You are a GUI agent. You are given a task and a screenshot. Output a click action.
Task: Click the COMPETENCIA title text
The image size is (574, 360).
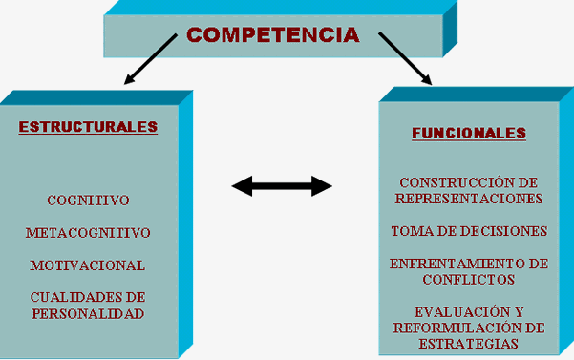(x=273, y=35)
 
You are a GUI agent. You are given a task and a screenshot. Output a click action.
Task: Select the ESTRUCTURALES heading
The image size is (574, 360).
(x=88, y=127)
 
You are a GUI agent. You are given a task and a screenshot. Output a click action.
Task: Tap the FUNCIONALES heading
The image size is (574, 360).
(x=469, y=134)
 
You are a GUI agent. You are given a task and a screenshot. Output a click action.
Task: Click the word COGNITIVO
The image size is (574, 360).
(x=88, y=201)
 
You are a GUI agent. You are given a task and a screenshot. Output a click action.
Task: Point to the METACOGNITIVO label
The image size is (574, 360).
(x=88, y=233)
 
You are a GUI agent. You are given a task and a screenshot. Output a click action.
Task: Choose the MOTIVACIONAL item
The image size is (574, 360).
(x=88, y=265)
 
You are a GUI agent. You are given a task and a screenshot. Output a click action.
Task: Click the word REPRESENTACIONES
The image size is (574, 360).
(x=469, y=199)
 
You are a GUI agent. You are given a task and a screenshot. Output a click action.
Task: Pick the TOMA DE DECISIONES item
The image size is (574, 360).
(x=469, y=231)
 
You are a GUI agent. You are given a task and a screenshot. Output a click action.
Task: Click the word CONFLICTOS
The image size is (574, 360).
(x=469, y=279)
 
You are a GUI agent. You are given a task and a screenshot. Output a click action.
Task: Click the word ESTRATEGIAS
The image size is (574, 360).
(x=469, y=343)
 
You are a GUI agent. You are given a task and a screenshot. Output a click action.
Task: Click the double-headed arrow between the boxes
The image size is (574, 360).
(x=282, y=185)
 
